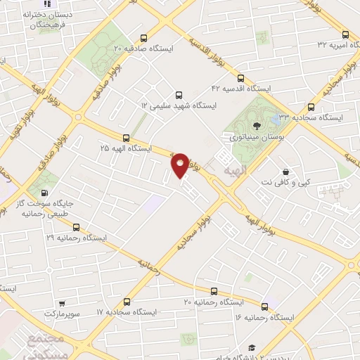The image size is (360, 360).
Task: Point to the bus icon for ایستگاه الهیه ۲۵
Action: [x=126, y=139]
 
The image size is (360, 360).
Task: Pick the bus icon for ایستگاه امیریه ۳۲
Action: [x=345, y=34]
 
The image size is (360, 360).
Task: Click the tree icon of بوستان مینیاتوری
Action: [x=258, y=126]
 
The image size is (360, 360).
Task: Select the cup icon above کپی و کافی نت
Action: [x=285, y=172]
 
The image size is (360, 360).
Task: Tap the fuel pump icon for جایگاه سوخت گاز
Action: [x=46, y=193]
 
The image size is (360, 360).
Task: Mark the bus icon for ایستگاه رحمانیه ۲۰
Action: [x=214, y=291]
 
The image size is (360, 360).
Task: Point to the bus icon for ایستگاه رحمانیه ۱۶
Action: [x=264, y=307]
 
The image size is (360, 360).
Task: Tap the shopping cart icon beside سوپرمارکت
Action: [x=63, y=304]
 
